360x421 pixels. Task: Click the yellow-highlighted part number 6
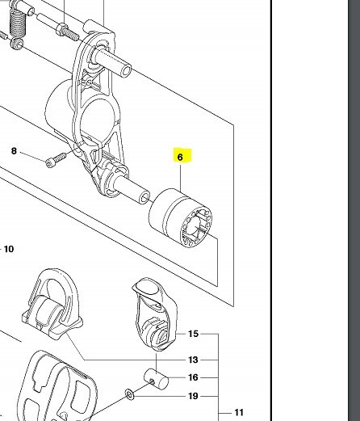[x=180, y=157]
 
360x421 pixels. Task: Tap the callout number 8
[x=14, y=151]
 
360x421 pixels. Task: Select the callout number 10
[x=9, y=249]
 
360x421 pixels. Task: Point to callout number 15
[x=193, y=334]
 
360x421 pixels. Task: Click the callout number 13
[x=193, y=360]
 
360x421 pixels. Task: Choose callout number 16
[x=193, y=377]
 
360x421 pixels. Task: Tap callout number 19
[x=193, y=396]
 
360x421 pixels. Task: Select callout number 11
[x=239, y=412]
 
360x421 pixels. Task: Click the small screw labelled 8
[x=56, y=160]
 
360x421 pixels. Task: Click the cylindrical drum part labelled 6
[x=180, y=217]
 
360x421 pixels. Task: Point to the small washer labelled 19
[x=130, y=395]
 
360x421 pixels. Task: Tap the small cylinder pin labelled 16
[x=157, y=379]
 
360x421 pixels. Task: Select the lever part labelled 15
[x=155, y=315]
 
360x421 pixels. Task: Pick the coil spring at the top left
[x=18, y=23]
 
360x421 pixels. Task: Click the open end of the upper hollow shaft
[x=127, y=70]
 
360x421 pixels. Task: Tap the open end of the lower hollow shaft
[x=145, y=198]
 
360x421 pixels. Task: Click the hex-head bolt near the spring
[x=67, y=32]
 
